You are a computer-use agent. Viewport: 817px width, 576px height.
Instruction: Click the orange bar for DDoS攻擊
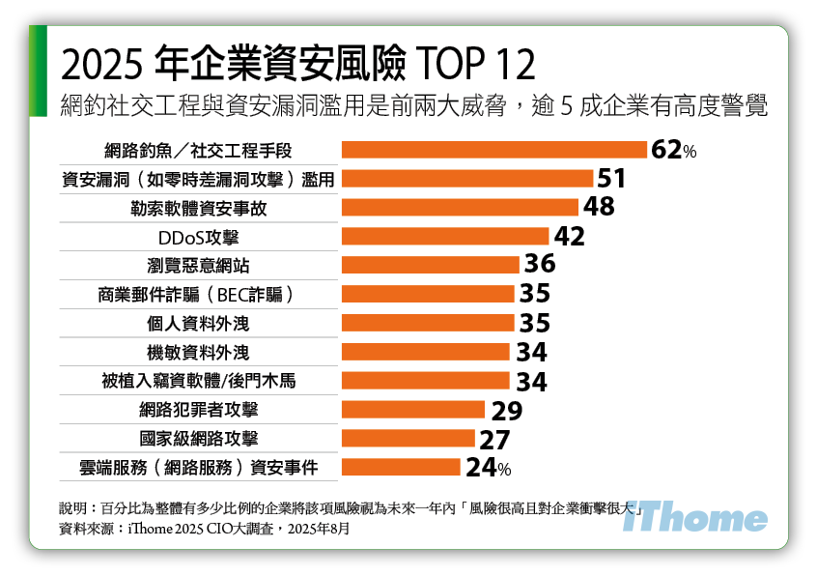coord(445,236)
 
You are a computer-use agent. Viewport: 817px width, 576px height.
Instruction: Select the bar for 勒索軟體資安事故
coord(460,207)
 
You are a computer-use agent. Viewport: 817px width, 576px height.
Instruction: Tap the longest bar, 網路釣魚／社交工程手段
coord(494,150)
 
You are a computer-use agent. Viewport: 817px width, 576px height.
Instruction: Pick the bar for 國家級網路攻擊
coord(408,439)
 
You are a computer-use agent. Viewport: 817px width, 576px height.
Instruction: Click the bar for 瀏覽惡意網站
coord(431,265)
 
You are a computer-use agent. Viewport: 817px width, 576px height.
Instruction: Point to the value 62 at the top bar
coord(666,150)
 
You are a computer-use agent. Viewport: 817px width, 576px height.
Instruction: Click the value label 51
coord(612,179)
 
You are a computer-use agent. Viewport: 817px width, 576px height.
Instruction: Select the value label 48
coord(598,207)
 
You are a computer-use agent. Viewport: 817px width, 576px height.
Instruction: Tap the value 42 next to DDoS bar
coord(569,237)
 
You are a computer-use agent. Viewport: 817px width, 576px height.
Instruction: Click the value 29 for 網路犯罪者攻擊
coord(505,411)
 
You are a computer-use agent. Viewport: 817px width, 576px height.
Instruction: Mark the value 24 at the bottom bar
coord(482,469)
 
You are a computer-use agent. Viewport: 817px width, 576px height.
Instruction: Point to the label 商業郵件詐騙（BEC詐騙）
coord(193,294)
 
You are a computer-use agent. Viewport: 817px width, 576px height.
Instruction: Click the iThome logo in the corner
coord(694,519)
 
